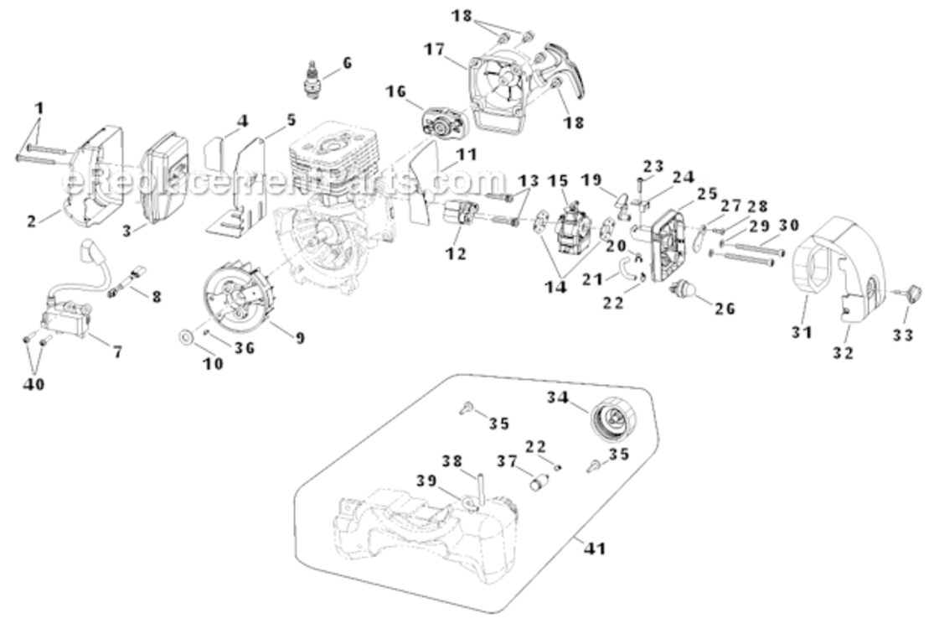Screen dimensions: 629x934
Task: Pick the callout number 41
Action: [596, 549]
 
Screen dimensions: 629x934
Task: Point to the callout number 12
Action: [456, 253]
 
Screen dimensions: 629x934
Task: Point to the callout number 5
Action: [291, 120]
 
